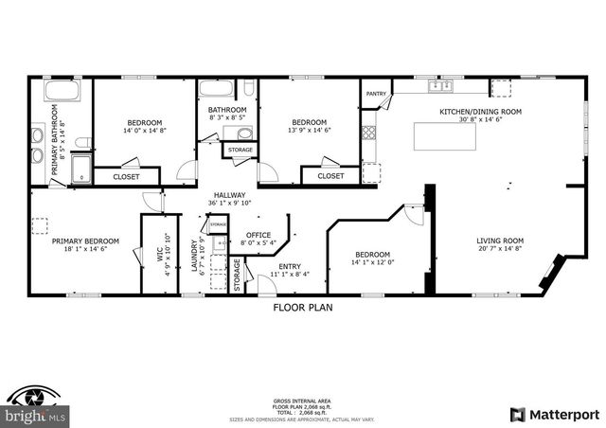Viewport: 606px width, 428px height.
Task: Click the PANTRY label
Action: (x=376, y=94)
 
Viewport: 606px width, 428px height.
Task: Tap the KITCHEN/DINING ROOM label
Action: (x=480, y=112)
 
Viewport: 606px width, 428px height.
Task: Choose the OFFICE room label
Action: (x=258, y=235)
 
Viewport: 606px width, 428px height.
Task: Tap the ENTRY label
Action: (x=289, y=266)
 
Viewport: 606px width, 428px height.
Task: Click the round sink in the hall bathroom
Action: (x=241, y=134)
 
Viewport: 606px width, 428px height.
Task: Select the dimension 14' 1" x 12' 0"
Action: (x=373, y=263)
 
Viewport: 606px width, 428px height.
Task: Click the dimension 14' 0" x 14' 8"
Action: (x=145, y=132)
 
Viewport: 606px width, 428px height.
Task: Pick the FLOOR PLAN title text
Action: (x=303, y=307)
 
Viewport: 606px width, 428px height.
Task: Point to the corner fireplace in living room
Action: (x=546, y=278)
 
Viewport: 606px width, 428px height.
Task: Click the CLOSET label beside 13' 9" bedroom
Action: (x=330, y=175)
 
